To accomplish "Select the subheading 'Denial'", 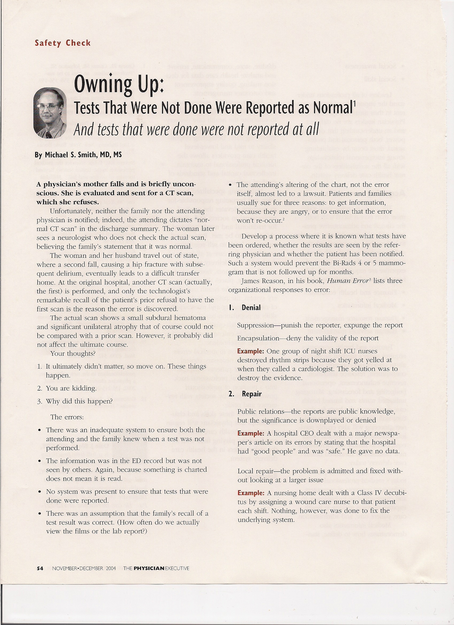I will (251, 308).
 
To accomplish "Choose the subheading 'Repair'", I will (252, 394).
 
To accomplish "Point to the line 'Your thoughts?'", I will (73, 354).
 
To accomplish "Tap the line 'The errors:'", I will (67, 417).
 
